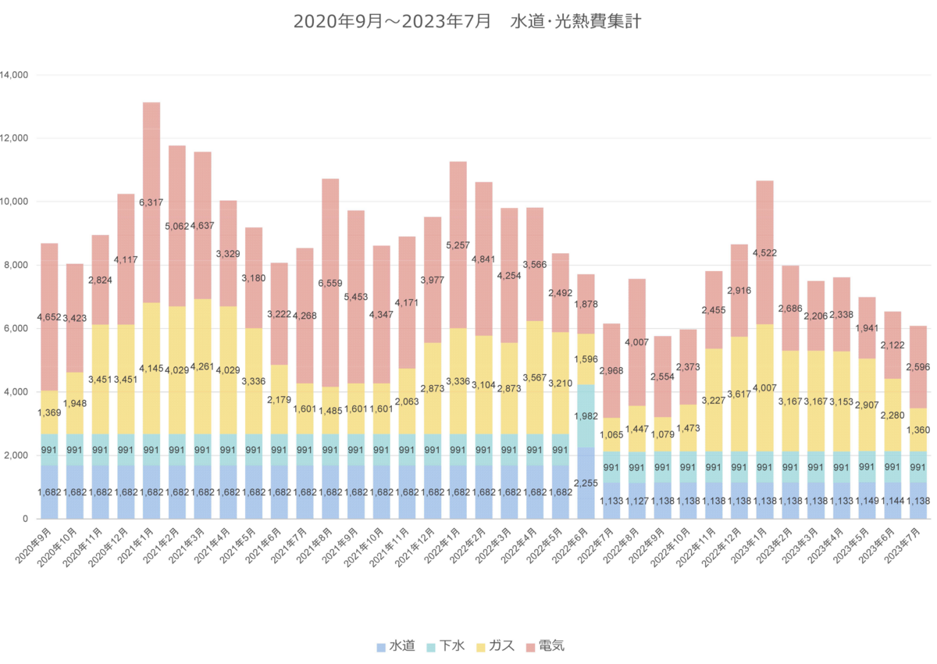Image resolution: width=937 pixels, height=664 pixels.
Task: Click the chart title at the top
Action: point(467,21)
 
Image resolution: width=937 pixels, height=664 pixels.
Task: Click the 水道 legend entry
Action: point(396,646)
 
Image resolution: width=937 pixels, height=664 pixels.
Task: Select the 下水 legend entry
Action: point(446,646)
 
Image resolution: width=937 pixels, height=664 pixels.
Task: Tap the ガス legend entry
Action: point(495,646)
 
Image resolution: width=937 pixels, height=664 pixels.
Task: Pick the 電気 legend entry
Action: point(545,646)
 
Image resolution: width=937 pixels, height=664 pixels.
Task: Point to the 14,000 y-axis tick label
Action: point(14,75)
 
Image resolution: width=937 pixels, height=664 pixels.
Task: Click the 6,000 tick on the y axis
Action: point(16,328)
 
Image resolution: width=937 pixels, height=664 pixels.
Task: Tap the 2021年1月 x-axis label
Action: point(134,545)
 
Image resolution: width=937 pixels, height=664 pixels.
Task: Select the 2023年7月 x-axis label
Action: point(903,545)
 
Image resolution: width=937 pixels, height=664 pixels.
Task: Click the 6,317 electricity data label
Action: point(151,202)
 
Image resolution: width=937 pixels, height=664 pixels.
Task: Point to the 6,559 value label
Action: point(330,284)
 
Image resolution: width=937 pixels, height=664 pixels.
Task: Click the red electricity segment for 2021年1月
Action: point(151,202)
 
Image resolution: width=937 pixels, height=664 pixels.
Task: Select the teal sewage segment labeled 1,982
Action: point(586,416)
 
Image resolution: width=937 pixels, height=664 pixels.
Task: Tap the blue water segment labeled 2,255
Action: point(586,484)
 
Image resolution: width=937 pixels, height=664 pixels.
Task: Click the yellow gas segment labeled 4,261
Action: point(202,366)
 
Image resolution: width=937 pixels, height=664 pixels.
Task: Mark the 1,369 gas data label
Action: point(49,412)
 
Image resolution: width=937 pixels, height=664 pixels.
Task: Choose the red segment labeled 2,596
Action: point(918,367)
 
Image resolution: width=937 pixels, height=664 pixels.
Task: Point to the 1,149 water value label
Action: point(867,501)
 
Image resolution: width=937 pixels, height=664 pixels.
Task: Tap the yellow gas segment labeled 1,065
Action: point(611,434)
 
